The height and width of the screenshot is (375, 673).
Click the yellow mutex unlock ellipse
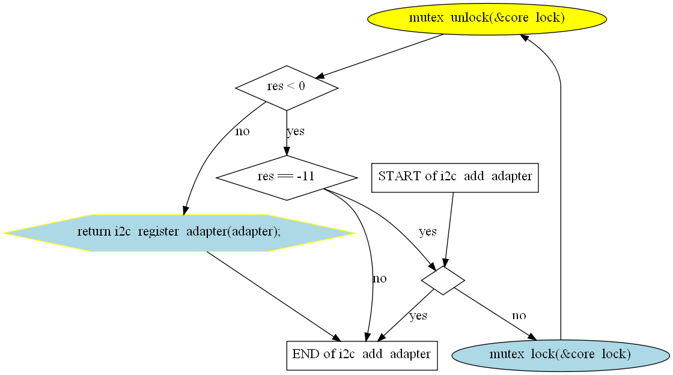pyautogui.click(x=487, y=18)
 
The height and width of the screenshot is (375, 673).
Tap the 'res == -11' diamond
pyautogui.click(x=286, y=177)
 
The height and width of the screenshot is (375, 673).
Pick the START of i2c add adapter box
pyautogui.click(x=455, y=177)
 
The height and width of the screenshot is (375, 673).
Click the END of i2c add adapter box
pyautogui.click(x=362, y=354)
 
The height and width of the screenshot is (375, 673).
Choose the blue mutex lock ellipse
pyautogui.click(x=560, y=355)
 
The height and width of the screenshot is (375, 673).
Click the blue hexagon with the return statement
pyautogui.click(x=179, y=233)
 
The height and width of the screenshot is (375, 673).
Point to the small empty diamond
pyautogui.click(x=443, y=280)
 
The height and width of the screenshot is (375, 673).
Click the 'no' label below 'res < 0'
pyautogui.click(x=242, y=131)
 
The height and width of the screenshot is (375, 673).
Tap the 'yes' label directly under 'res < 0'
pyautogui.click(x=295, y=131)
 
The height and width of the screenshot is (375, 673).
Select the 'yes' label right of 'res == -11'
pyautogui.click(x=427, y=231)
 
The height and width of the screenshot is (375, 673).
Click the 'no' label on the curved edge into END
pyautogui.click(x=379, y=278)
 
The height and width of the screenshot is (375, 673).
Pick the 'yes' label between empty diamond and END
pyautogui.click(x=418, y=316)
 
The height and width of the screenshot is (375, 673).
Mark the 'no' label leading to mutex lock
pyautogui.click(x=519, y=316)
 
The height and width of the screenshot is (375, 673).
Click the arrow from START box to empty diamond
pyautogui.click(x=449, y=228)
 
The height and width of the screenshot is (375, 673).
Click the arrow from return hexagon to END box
pyautogui.click(x=273, y=295)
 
